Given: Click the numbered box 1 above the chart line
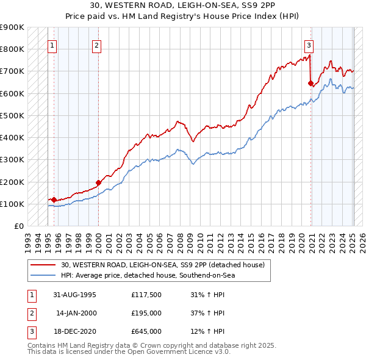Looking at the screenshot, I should point(52,45).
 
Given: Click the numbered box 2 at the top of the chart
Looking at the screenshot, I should point(97,45).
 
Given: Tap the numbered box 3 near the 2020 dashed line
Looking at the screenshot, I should point(309,45).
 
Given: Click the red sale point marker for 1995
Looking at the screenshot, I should point(54,200).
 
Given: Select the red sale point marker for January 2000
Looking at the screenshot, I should point(98,182).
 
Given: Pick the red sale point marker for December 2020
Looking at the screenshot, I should point(311,83).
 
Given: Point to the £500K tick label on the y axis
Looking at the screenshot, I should point(12,115).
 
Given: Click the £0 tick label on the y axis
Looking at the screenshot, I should point(18,226).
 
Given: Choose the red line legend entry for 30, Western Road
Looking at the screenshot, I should point(162,265).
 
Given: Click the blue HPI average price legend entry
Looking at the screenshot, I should point(148,275).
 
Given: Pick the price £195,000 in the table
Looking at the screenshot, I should point(146,314).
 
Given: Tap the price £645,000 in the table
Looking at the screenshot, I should point(146,331).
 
